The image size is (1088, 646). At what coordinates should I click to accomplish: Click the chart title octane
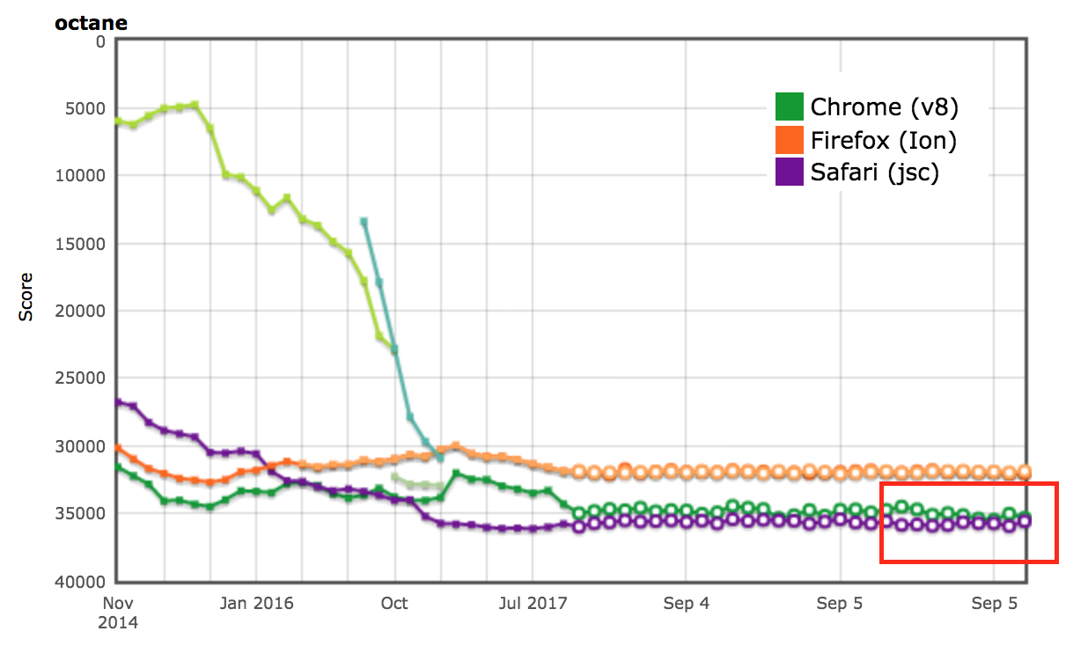[91, 24]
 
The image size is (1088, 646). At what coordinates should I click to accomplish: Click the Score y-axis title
[26, 296]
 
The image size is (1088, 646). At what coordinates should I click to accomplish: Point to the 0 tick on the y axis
[99, 40]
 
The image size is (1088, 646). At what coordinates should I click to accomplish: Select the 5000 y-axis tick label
[86, 108]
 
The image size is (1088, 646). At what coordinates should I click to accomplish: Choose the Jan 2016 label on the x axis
[257, 604]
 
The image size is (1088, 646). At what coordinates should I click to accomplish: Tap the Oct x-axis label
[394, 604]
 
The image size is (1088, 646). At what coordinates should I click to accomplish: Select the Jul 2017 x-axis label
[533, 604]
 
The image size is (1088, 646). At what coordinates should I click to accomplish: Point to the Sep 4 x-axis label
[687, 604]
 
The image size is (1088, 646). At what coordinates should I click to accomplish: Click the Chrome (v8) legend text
[884, 107]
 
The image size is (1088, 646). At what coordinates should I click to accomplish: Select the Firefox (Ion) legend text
[883, 140]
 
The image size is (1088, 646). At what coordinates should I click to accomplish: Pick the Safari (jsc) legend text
[874, 173]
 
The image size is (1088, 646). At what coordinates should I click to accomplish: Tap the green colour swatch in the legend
[790, 107]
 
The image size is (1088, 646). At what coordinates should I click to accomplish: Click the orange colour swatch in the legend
[790, 140]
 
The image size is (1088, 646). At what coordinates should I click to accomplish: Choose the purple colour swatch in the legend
[790, 172]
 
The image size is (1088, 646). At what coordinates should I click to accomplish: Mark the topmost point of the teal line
[364, 221]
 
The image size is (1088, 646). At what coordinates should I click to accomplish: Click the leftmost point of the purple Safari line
[118, 401]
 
